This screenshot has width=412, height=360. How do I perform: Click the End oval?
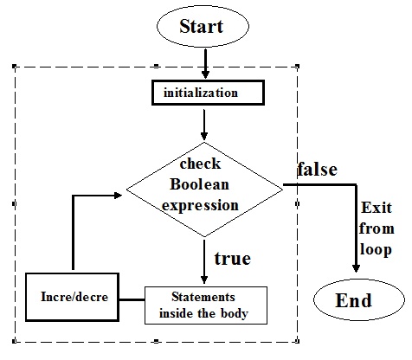354,300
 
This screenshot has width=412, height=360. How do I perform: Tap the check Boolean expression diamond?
204,183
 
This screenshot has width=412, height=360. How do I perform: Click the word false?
317,169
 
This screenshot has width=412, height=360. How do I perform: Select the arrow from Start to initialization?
205,62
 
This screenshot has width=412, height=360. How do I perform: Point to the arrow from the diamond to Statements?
204,260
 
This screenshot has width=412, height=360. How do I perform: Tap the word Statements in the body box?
204,297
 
